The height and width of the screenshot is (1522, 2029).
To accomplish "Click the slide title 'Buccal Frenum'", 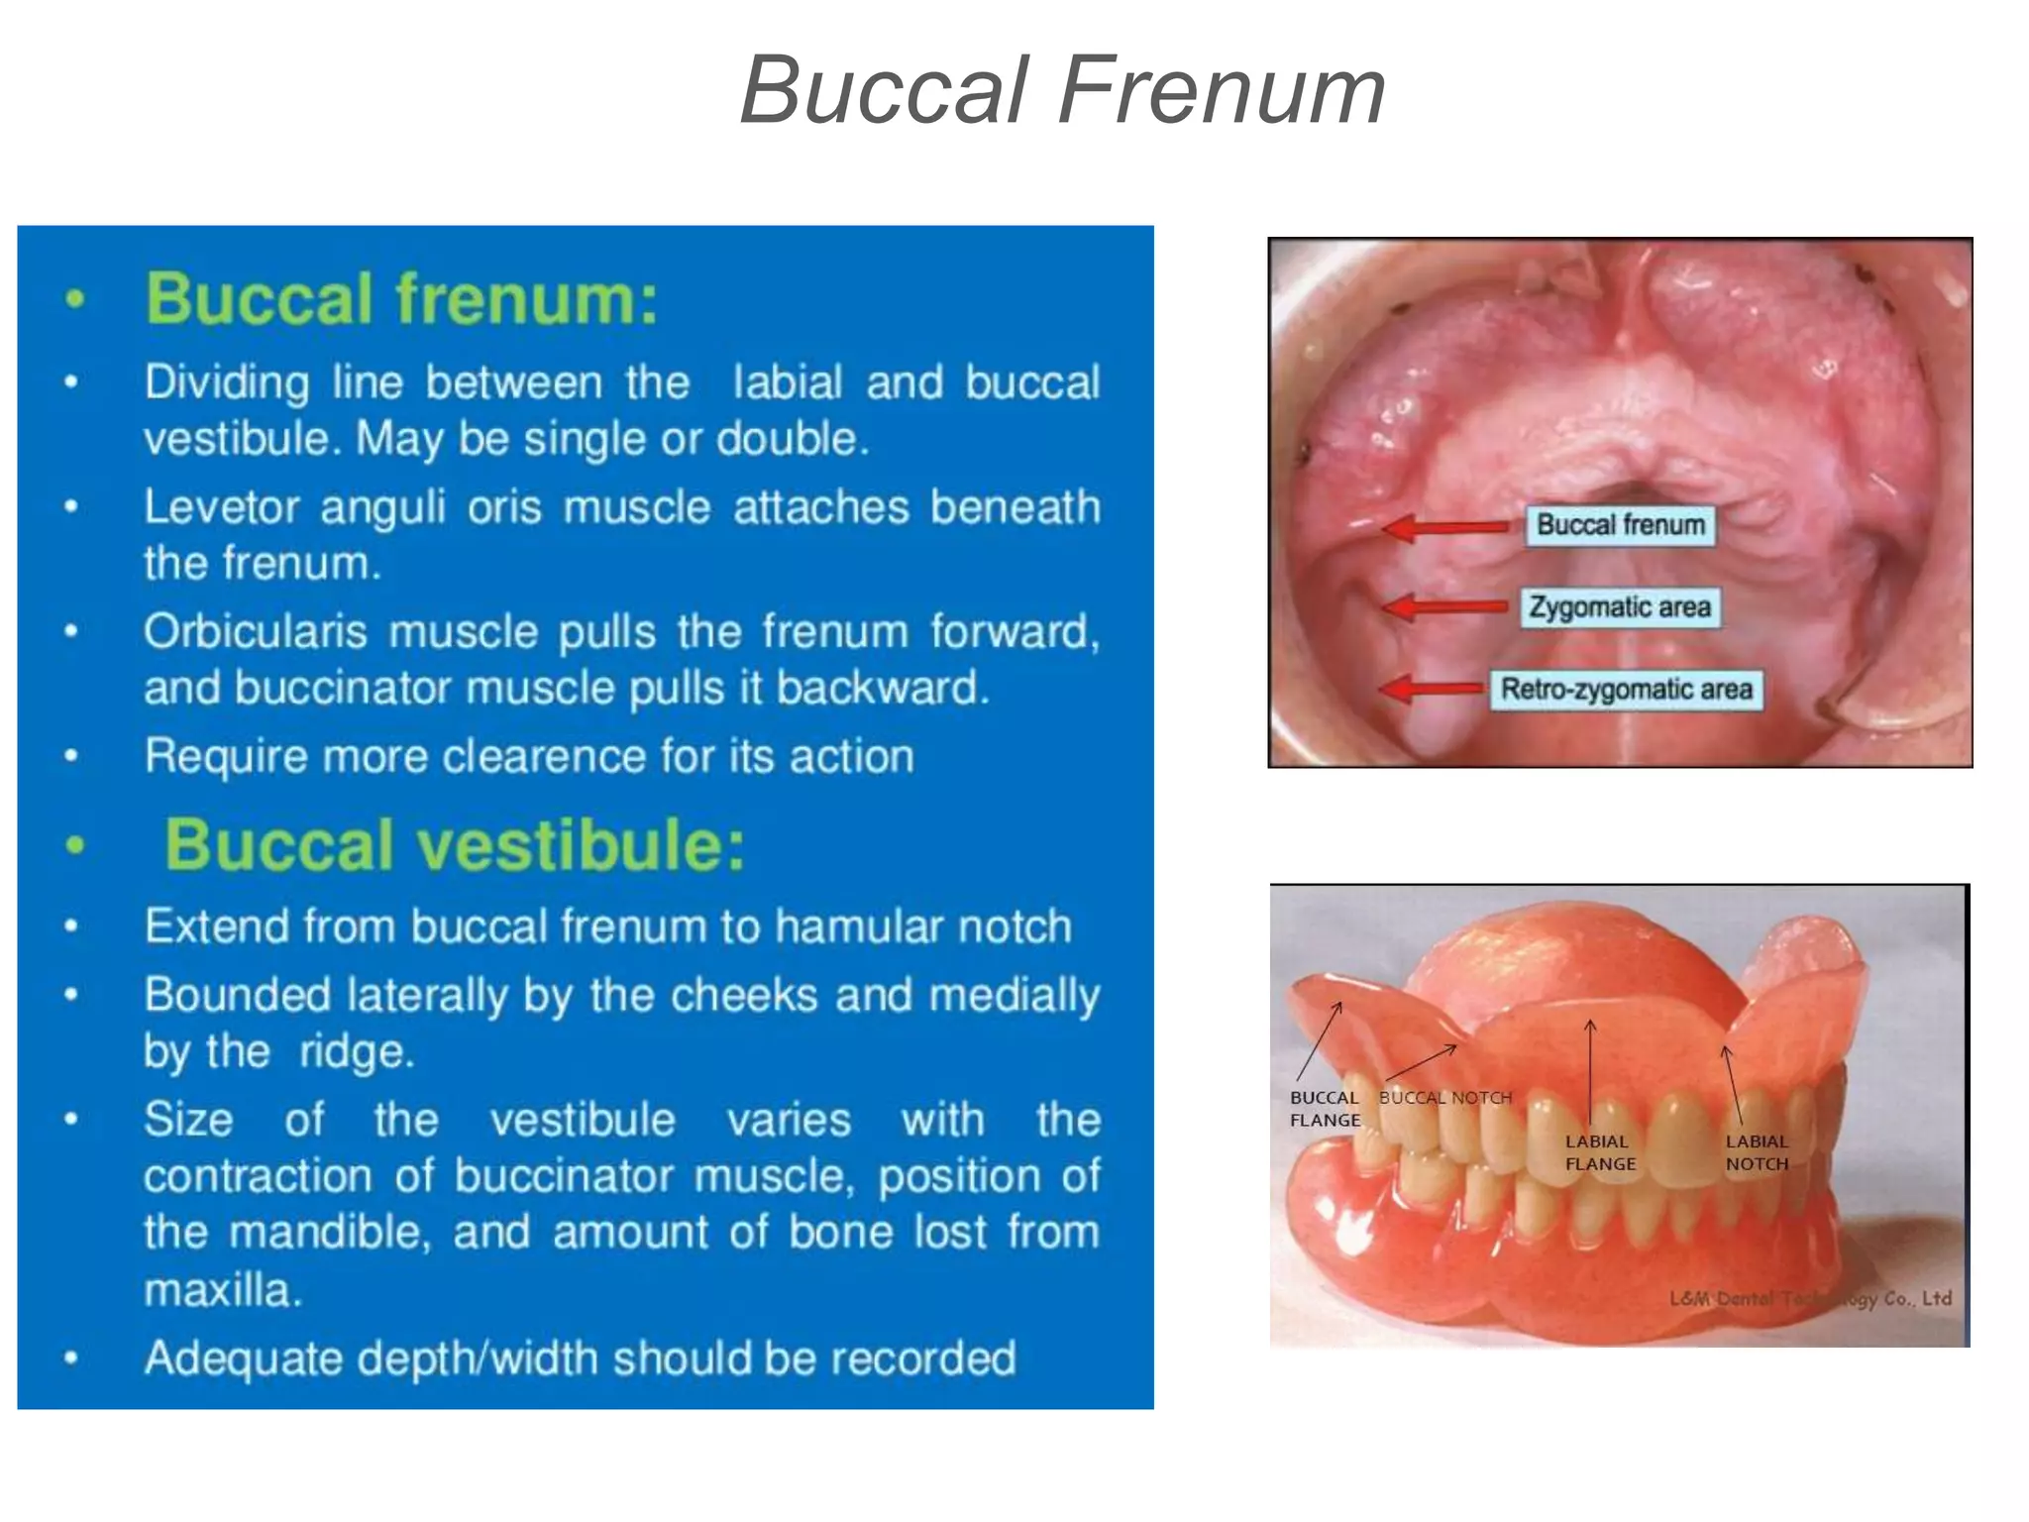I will [x=1062, y=91].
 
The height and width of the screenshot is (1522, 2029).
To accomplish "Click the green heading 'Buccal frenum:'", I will [x=401, y=298].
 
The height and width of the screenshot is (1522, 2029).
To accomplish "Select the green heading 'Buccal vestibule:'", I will [x=454, y=845].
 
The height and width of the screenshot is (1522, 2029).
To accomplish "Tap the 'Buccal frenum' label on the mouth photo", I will [x=1620, y=524].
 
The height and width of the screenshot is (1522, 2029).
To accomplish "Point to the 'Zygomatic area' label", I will [x=1620, y=606].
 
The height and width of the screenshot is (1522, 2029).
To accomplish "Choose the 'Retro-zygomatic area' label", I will [x=1626, y=689].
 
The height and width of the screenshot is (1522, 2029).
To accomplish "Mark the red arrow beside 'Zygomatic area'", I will [x=1446, y=606].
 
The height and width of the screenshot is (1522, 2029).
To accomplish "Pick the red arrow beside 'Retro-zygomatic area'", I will [x=1433, y=688].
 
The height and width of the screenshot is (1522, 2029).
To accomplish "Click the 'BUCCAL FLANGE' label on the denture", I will [x=1325, y=1109].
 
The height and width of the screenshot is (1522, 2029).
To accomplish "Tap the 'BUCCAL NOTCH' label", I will [x=1445, y=1098].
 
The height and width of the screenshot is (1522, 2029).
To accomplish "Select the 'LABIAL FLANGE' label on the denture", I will [x=1600, y=1152].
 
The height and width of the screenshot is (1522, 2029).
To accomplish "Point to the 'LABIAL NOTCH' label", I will [x=1757, y=1152].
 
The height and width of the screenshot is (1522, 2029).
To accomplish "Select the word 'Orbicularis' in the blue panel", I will [x=256, y=632].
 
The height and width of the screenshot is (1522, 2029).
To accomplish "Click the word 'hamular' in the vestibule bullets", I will [x=836, y=926].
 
